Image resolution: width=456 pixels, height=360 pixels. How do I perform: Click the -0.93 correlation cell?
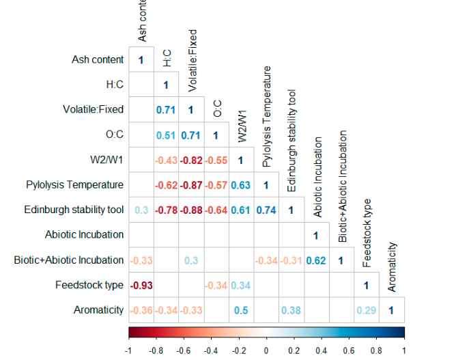(x=141, y=285)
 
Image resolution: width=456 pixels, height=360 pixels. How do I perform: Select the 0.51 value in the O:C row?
(x=165, y=135)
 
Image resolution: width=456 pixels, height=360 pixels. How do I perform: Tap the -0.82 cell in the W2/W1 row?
(x=190, y=160)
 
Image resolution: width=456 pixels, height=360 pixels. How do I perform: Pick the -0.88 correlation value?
(x=190, y=210)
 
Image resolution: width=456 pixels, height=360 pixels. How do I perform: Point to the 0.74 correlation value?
(x=266, y=210)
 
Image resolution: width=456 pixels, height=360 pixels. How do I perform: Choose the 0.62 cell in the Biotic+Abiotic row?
(x=315, y=260)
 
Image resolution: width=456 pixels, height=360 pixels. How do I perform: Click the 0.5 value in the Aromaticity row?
(x=240, y=310)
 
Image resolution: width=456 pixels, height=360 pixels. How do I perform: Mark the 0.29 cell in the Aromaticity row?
(x=365, y=310)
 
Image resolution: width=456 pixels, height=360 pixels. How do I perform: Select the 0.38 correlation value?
(x=290, y=310)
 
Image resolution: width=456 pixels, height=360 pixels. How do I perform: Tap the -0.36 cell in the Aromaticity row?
(x=141, y=310)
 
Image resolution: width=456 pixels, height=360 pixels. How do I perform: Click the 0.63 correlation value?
(x=240, y=185)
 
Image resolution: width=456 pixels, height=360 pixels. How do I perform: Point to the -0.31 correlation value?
(x=290, y=260)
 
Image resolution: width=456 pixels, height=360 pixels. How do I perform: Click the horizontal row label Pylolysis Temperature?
(x=75, y=185)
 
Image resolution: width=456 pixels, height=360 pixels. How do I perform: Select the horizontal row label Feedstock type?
(x=90, y=285)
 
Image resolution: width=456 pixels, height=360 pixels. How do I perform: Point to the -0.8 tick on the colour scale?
(x=156, y=350)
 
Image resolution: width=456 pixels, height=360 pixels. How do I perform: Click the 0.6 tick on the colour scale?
(x=349, y=350)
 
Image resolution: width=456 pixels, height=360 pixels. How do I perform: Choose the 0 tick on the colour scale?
(x=266, y=350)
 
